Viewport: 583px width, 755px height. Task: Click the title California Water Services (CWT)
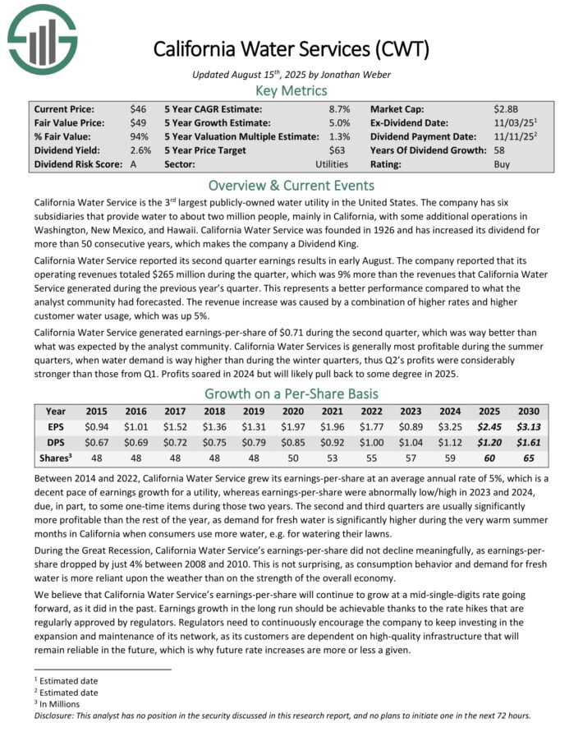click(291, 49)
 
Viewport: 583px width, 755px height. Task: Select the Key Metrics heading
click(291, 90)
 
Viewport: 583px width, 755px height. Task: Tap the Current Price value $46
click(139, 108)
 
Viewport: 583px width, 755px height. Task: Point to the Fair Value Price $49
click(139, 122)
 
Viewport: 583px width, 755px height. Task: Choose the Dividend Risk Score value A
click(134, 164)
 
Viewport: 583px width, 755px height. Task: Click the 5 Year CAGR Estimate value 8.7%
click(339, 108)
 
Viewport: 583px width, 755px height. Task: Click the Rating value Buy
click(502, 164)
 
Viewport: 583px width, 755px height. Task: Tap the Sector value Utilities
click(332, 164)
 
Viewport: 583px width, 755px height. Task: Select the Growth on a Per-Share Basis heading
click(291, 393)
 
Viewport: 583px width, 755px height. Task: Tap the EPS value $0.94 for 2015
click(95, 426)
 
